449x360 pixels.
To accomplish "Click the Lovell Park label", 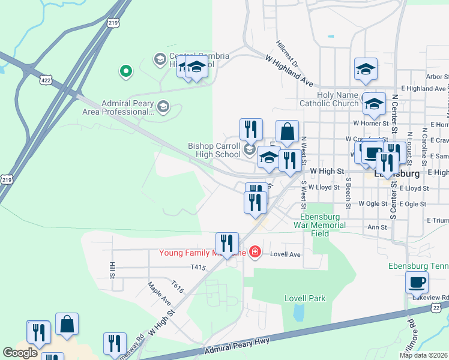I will [305, 298].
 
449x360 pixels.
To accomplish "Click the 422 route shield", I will [46, 79].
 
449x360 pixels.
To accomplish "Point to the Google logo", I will [20, 353].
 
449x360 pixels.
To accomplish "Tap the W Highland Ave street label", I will [290, 69].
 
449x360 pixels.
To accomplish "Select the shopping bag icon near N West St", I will [288, 132].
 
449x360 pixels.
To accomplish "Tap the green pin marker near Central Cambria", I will [125, 71].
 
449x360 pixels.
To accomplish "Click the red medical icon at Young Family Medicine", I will [255, 251].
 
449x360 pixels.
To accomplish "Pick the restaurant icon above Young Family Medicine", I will [227, 243].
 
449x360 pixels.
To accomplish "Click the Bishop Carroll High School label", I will [214, 150].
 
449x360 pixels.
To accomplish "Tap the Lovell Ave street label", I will [285, 254].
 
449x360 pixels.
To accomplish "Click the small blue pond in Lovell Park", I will [298, 312].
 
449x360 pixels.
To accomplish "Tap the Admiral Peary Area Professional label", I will [128, 107].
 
